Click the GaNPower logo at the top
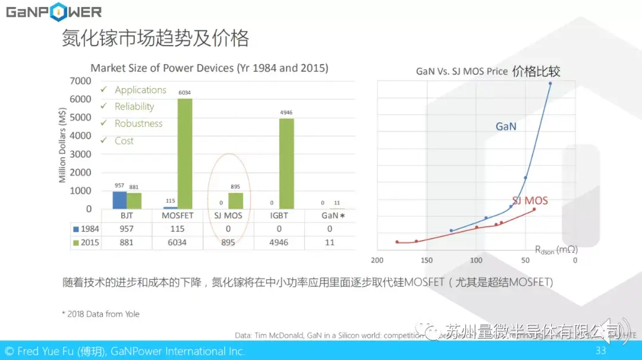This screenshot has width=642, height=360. click(54, 12)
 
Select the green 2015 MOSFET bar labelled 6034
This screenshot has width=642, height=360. click(185, 153)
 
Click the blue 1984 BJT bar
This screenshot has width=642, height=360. click(119, 200)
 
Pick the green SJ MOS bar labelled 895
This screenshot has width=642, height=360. click(236, 201)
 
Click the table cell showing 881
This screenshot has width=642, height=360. click(127, 242)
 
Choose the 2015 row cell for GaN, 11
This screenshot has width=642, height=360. click(330, 242)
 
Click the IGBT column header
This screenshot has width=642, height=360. click(279, 215)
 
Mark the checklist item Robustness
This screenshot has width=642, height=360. click(139, 124)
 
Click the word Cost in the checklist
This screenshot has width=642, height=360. click(124, 141)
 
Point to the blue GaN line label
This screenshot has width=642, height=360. click(506, 126)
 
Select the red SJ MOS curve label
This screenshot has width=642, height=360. click(530, 201)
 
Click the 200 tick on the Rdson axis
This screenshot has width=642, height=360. click(377, 260)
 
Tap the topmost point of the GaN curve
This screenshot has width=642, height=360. click(550, 83)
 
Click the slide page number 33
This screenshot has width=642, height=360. click(600, 350)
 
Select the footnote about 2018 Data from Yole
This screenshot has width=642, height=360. click(101, 314)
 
